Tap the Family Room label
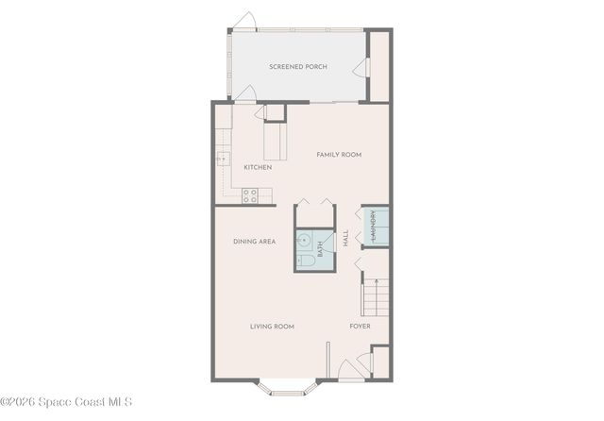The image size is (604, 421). (339, 155)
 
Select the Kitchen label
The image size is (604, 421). (258, 167)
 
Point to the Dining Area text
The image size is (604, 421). (254, 242)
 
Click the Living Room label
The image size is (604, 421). (272, 327)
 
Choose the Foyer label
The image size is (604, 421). (360, 327)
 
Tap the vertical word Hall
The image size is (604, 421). (346, 239)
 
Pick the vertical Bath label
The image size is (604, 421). (321, 250)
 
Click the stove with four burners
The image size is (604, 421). (250, 195)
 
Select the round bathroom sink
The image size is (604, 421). (305, 240)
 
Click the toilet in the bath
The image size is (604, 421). (304, 259)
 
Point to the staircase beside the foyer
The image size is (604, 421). (374, 297)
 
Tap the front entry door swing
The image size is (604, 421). (350, 370)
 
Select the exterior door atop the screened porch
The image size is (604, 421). (244, 21)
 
